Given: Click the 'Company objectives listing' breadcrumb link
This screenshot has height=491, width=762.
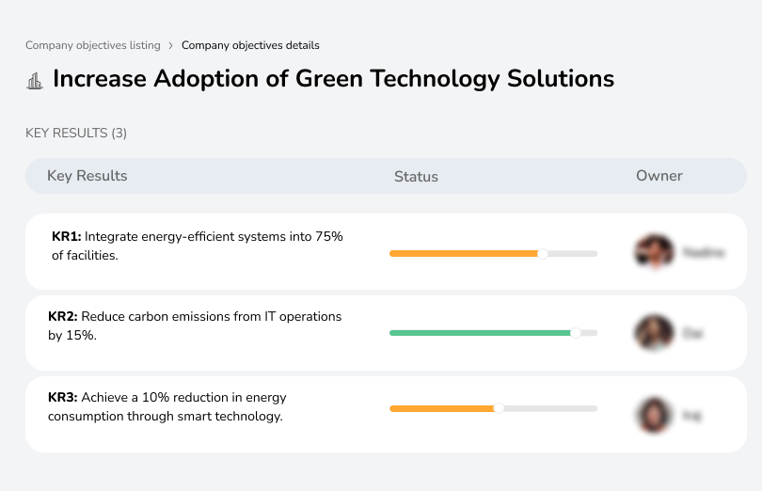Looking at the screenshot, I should click(x=93, y=45).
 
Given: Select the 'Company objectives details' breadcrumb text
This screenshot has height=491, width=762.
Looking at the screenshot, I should click(x=250, y=45).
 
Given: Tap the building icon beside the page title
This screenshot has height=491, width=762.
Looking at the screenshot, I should click(x=35, y=80).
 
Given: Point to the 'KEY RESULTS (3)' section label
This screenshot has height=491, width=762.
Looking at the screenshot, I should click(x=76, y=134).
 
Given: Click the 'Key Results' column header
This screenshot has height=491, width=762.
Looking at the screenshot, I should click(x=87, y=176).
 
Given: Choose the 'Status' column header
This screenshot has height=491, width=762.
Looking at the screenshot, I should click(x=416, y=177).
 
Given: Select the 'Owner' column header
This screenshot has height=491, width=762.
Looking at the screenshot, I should click(x=659, y=176).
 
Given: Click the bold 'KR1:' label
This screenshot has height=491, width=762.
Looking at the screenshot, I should click(x=67, y=237).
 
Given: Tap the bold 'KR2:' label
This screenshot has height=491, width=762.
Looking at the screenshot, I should click(x=63, y=317).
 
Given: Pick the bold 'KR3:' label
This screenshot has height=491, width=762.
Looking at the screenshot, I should click(x=63, y=398).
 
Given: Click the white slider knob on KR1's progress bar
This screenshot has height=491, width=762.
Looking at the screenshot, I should click(x=542, y=253).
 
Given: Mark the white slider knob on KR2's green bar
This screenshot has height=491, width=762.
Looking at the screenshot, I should click(x=576, y=332).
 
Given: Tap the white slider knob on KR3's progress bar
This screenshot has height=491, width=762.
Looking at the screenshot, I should click(x=499, y=408).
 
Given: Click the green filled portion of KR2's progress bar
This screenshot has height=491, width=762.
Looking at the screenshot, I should click(x=480, y=333).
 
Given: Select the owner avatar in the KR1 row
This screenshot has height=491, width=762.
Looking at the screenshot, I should click(x=654, y=252).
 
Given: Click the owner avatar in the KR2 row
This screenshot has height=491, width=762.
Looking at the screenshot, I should click(x=654, y=333).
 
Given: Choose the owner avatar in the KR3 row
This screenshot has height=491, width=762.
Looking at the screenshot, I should click(x=654, y=414).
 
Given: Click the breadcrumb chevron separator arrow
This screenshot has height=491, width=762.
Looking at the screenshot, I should click(x=170, y=45).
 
